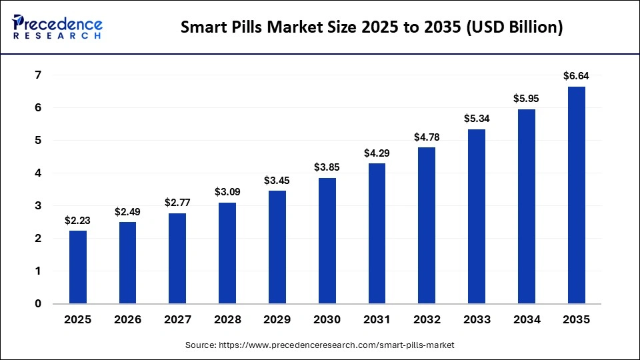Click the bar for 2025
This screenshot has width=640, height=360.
(78, 267)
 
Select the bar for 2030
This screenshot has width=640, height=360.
(327, 241)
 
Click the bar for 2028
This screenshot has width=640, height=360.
(227, 253)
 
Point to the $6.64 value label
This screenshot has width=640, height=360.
(577, 76)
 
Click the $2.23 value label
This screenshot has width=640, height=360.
(78, 220)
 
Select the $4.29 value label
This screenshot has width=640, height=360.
(377, 153)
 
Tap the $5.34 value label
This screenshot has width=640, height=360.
(477, 119)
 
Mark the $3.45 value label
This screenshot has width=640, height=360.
(277, 180)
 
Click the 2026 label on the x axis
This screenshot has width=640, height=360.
(128, 320)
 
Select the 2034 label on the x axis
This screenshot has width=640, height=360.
(527, 320)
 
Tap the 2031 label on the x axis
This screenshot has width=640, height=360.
(377, 320)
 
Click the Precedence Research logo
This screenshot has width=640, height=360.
(57, 27)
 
